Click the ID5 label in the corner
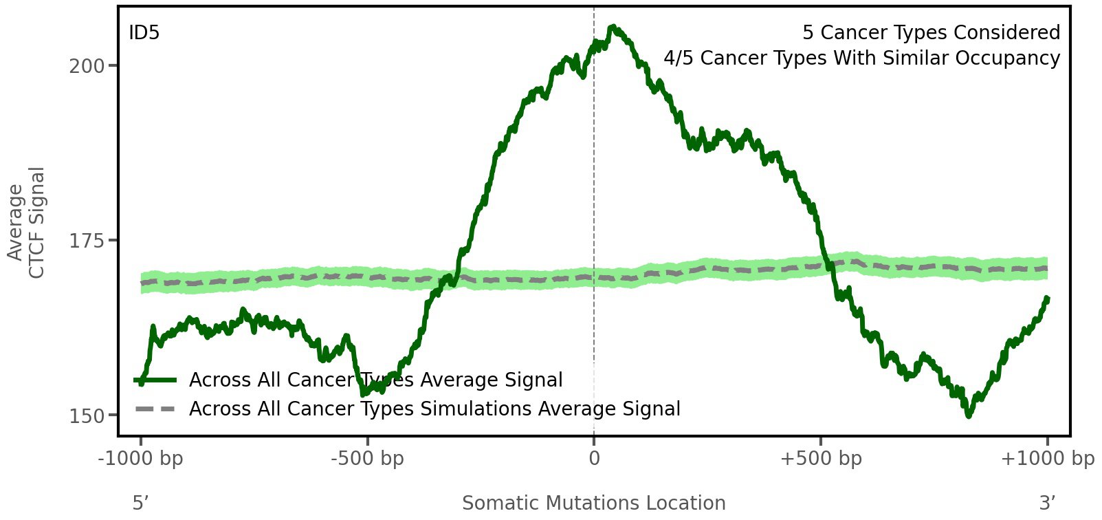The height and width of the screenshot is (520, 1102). (x=144, y=33)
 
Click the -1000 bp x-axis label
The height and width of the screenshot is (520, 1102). (x=141, y=459)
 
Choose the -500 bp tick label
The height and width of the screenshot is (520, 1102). (x=367, y=459)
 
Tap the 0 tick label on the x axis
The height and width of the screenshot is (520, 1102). (x=594, y=459)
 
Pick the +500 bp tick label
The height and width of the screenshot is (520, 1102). (x=821, y=459)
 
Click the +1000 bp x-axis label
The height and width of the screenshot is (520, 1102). (x=1047, y=459)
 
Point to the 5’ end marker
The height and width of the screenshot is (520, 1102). (x=140, y=503)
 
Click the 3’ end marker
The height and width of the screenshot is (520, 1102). (x=1047, y=503)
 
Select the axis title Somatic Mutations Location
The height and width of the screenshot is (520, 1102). (x=593, y=503)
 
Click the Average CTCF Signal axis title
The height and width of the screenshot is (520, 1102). (x=27, y=222)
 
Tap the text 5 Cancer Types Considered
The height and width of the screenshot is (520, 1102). (x=931, y=33)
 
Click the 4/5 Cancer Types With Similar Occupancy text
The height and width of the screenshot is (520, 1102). (x=861, y=58)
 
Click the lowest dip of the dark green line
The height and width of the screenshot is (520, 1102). (x=969, y=415)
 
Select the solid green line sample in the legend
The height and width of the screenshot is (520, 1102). (x=156, y=380)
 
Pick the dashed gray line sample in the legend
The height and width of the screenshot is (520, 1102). (x=156, y=409)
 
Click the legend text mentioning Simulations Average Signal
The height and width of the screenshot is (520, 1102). (x=434, y=409)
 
